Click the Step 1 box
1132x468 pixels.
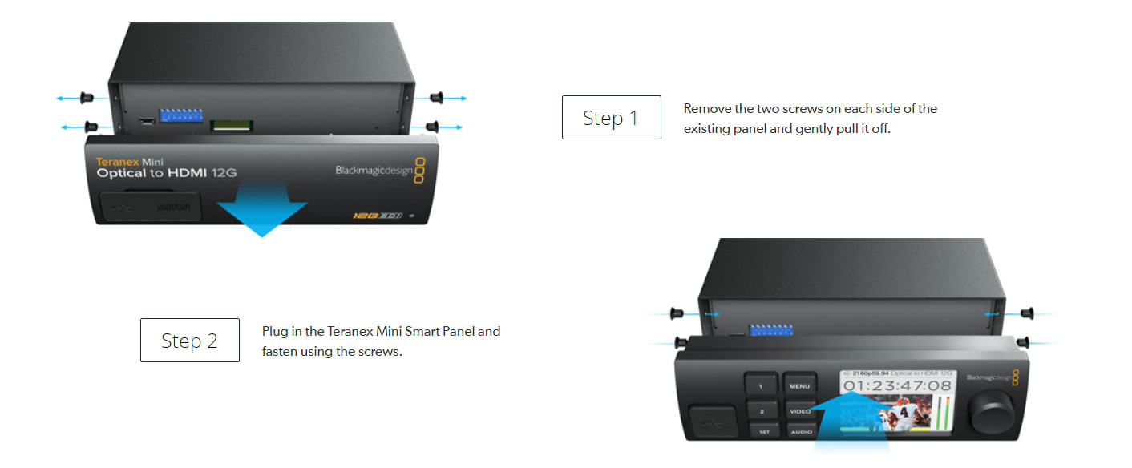click(611, 118)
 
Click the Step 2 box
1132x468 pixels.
click(189, 341)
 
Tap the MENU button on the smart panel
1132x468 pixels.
click(798, 386)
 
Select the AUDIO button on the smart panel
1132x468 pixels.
click(801, 431)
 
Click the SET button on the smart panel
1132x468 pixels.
click(763, 432)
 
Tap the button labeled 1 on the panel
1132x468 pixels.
click(761, 385)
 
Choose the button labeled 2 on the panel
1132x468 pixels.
click(761, 409)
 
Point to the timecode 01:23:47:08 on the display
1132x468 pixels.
click(896, 386)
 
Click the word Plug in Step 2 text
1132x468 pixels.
click(274, 331)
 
